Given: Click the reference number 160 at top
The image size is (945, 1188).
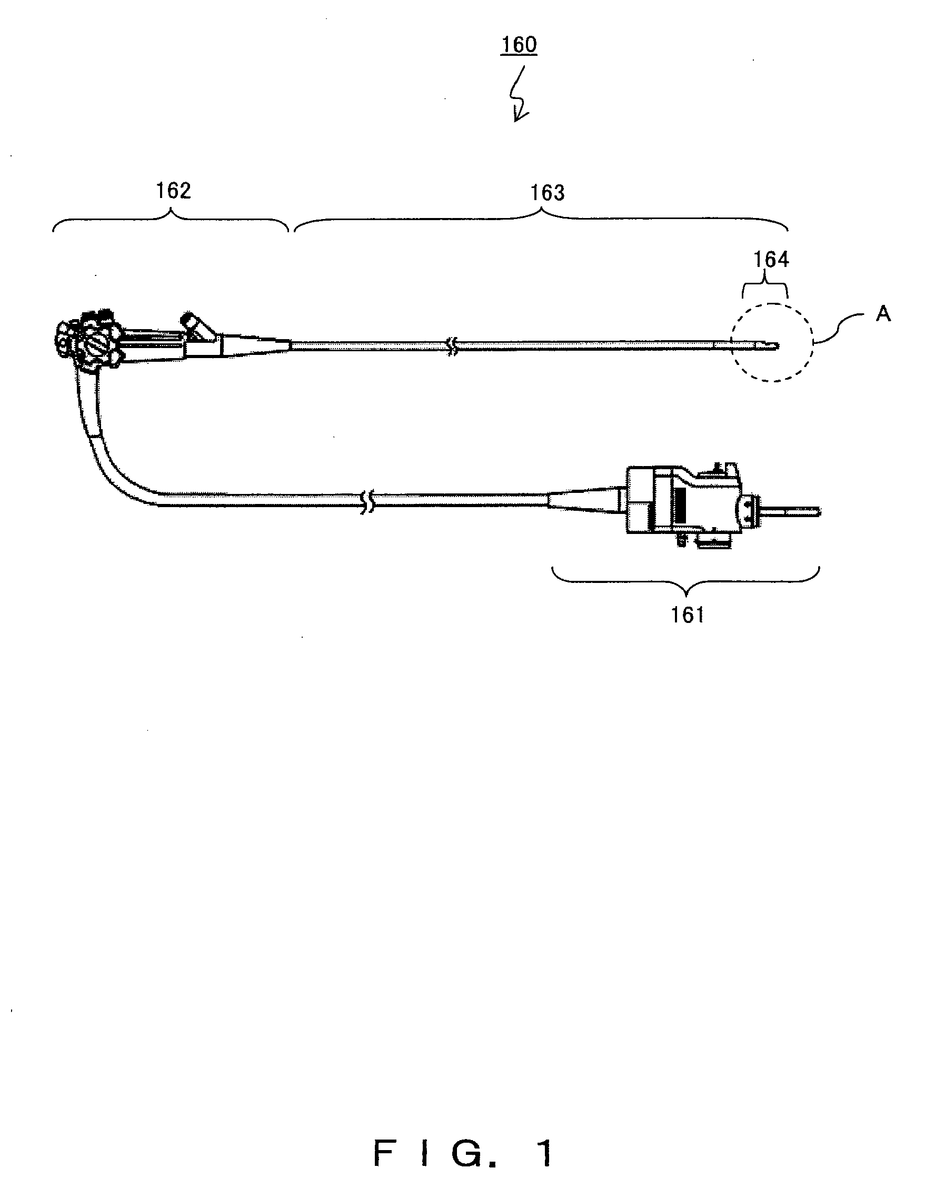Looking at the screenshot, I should pyautogui.click(x=519, y=45).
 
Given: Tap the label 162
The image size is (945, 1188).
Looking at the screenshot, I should pyautogui.click(x=173, y=191).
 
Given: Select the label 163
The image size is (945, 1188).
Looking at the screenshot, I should pyautogui.click(x=547, y=193).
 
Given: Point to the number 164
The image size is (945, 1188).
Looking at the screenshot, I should pyautogui.click(x=771, y=260).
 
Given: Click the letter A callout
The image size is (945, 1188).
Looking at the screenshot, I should pyautogui.click(x=883, y=314).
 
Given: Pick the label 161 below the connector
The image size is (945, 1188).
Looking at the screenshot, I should pyautogui.click(x=687, y=615).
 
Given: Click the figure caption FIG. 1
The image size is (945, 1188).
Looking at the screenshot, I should pyautogui.click(x=463, y=1153).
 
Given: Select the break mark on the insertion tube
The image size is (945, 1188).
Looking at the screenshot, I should pyautogui.click(x=452, y=346).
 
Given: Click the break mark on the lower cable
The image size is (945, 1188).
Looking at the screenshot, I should pyautogui.click(x=366, y=502).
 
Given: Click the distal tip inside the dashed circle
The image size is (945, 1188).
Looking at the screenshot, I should pyautogui.click(x=774, y=346).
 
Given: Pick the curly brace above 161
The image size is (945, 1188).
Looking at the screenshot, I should pyautogui.click(x=685, y=581).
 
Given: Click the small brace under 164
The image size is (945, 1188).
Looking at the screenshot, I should pyautogui.click(x=765, y=286).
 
